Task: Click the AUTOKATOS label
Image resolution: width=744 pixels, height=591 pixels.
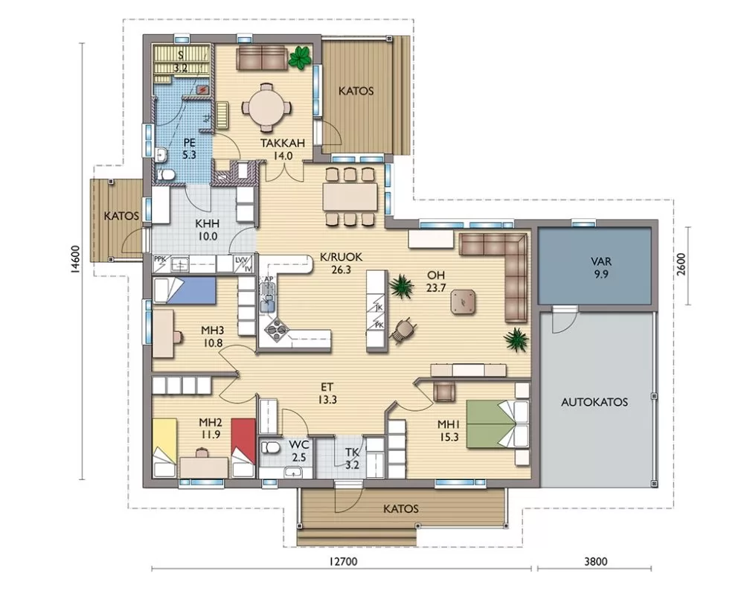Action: click(594, 402)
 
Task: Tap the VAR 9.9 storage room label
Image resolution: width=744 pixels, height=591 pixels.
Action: click(600, 267)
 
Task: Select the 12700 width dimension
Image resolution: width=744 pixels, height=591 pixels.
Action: click(342, 561)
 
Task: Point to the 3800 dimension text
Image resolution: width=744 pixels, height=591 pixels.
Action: click(595, 561)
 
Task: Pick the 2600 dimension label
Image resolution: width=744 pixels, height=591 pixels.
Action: click(681, 264)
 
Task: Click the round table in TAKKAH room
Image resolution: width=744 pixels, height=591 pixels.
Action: click(266, 108)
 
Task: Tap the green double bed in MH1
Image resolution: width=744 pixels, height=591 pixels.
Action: click(498, 424)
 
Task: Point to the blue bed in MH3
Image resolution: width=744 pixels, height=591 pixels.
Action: click(184, 290)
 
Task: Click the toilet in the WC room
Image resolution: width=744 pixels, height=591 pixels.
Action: click(271, 447)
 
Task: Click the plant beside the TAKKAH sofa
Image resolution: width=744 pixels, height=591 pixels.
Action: click(300, 58)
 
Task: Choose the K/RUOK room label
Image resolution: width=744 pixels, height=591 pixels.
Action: click(341, 263)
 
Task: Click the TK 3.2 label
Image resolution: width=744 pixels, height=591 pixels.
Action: click(352, 459)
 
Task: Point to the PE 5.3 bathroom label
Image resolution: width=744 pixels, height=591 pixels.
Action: click(189, 149)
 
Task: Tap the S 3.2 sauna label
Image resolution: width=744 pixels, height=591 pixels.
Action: click(180, 61)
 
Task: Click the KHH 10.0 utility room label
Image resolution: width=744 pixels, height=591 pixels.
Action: click(208, 230)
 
